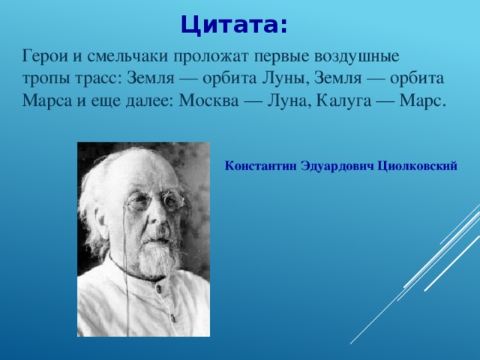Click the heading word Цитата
[x=233, y=25]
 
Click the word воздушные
[x=357, y=56]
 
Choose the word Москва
[x=208, y=101]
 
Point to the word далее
[x=149, y=101]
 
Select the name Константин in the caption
[x=259, y=166]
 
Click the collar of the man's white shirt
[x=127, y=274]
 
